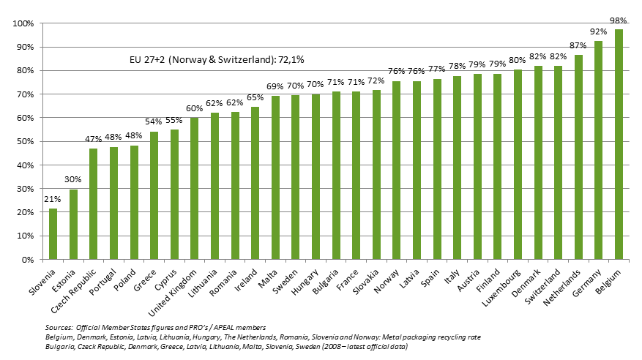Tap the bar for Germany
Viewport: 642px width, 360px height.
[599, 151]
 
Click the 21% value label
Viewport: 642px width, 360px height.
[53, 198]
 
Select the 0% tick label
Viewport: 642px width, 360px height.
[27, 260]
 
